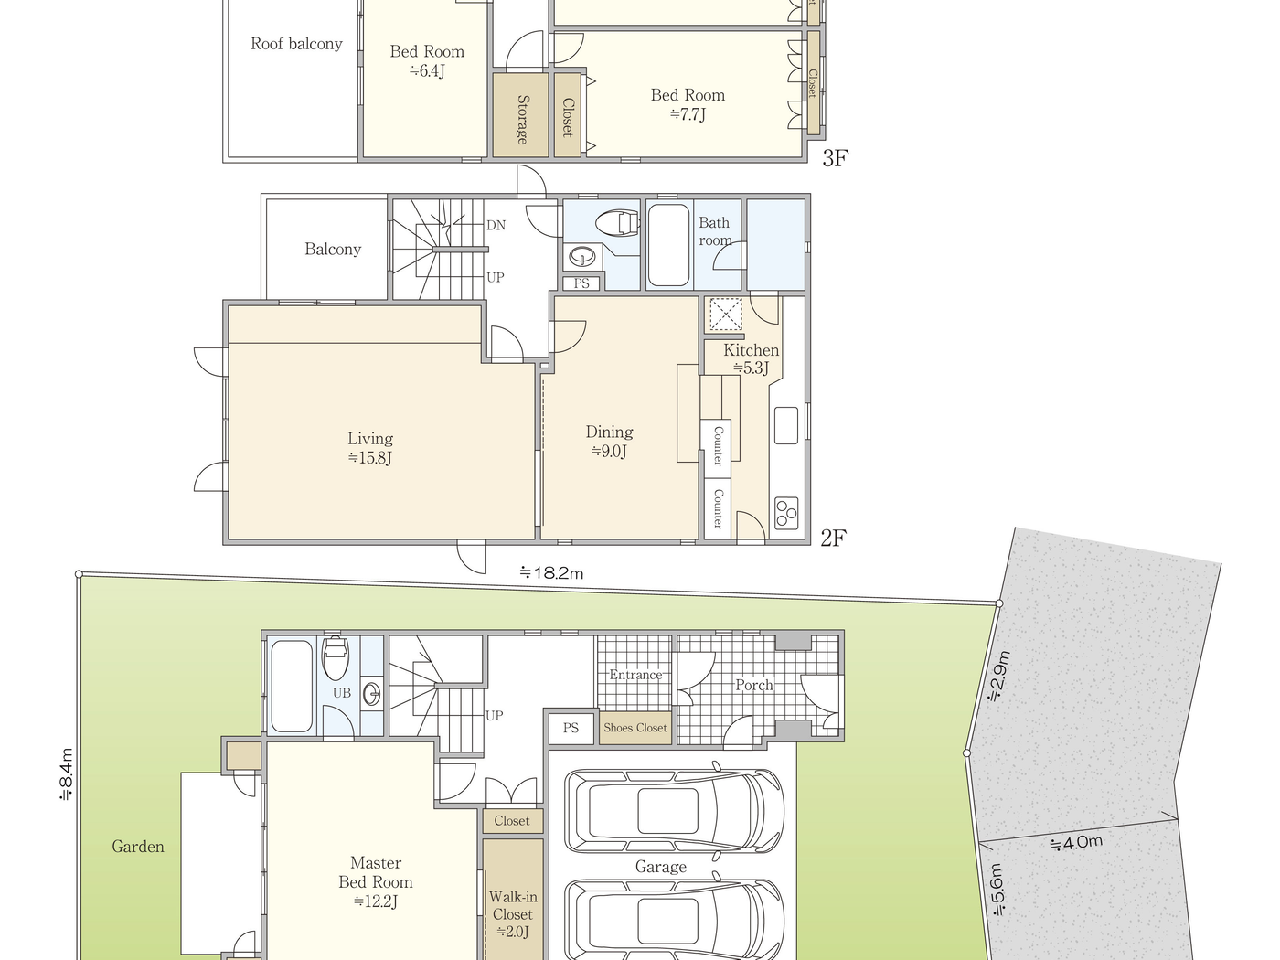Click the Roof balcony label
coord(296,44)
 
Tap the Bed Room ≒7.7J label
coord(688,104)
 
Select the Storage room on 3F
coord(520,117)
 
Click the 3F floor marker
coord(834,158)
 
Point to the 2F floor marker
coord(833,538)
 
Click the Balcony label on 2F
coord(333,249)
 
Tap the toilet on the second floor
coord(617,222)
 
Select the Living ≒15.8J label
coord(370,448)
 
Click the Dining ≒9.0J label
coord(610,441)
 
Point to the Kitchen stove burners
coord(786,513)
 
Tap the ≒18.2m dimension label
coord(551,573)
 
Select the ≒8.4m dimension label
coord(66,774)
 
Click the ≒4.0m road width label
coord(1076,842)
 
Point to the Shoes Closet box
coord(635,728)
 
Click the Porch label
coord(753,685)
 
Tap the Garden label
coord(138,847)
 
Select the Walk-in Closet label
coord(513,913)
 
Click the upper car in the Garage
coord(674,810)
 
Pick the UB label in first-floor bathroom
coord(342,693)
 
